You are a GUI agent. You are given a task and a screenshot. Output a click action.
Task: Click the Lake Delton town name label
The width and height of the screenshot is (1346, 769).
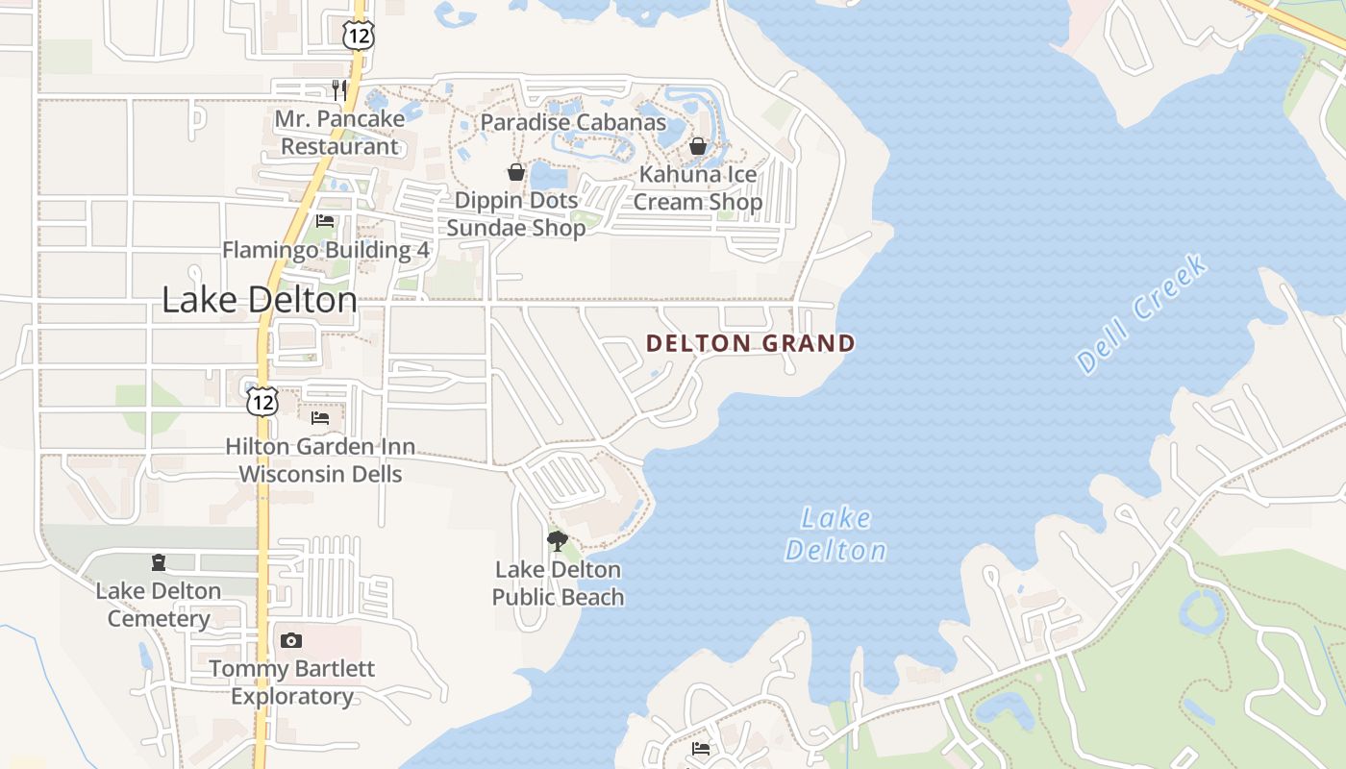[x=260, y=300]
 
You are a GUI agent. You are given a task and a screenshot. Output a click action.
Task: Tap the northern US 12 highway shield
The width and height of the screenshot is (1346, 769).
[x=357, y=35]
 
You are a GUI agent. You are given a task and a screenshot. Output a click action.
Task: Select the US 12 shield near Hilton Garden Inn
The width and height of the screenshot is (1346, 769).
[x=262, y=401]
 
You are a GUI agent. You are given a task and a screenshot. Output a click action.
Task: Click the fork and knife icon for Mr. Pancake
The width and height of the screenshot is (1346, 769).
[x=338, y=90]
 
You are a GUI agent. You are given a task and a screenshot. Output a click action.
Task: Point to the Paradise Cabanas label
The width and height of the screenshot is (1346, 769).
[x=573, y=122]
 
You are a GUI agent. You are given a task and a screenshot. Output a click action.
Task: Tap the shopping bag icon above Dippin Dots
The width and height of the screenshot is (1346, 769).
[x=516, y=172]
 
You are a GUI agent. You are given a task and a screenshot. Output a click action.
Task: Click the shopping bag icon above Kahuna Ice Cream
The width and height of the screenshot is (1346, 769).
[x=698, y=146]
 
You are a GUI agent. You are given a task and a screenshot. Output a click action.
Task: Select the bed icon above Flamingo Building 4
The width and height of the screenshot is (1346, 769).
[x=325, y=221]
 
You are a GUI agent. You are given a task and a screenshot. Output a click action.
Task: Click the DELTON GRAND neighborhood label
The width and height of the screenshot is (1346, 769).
[x=750, y=343]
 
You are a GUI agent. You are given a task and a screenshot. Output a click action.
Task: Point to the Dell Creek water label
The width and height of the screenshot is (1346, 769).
[x=1141, y=312]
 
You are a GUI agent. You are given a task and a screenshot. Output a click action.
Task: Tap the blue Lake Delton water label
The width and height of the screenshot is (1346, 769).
[x=835, y=534]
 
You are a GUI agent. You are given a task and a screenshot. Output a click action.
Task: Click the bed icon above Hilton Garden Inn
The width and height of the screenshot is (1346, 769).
[x=320, y=418]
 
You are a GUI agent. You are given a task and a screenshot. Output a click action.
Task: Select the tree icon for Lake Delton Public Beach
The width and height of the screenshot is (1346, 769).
[x=557, y=540]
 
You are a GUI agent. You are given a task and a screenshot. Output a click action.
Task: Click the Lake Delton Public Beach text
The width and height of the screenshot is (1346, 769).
[x=558, y=583]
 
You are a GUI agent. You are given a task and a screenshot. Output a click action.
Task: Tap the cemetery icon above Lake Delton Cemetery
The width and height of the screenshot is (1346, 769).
[x=159, y=562]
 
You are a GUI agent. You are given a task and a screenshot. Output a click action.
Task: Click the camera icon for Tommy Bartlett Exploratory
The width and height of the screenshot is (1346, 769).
[x=291, y=640]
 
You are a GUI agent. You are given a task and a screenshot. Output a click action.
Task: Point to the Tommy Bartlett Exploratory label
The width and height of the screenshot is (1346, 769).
[x=292, y=682]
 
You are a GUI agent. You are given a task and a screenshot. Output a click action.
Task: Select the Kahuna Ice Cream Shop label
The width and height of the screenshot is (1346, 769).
[x=698, y=188]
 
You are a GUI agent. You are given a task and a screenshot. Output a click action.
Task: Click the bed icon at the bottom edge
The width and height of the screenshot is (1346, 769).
[x=701, y=749]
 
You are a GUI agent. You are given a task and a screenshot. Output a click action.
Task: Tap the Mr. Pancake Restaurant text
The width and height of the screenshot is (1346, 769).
[x=339, y=133]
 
